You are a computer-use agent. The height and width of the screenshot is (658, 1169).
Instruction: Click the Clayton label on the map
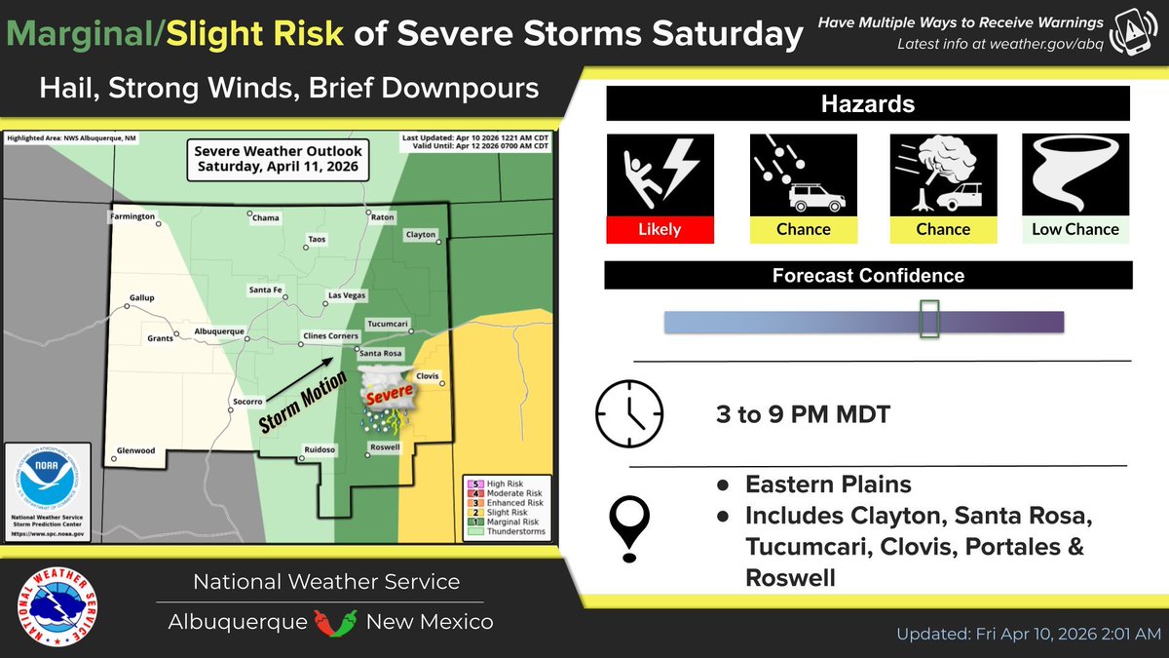(421, 235)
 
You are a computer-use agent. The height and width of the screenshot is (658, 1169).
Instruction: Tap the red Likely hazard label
(660, 229)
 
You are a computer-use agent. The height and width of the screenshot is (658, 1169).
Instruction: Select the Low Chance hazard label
(1075, 229)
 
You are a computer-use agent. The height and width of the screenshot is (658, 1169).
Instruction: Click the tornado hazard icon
(1075, 174)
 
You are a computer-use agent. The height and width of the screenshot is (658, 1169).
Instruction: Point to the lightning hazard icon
(660, 174)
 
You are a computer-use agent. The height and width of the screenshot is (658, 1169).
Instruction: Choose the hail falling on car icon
(803, 174)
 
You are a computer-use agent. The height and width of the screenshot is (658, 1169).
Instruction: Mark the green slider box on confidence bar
(929, 320)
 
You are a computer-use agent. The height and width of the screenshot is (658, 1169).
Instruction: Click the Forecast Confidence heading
(868, 276)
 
